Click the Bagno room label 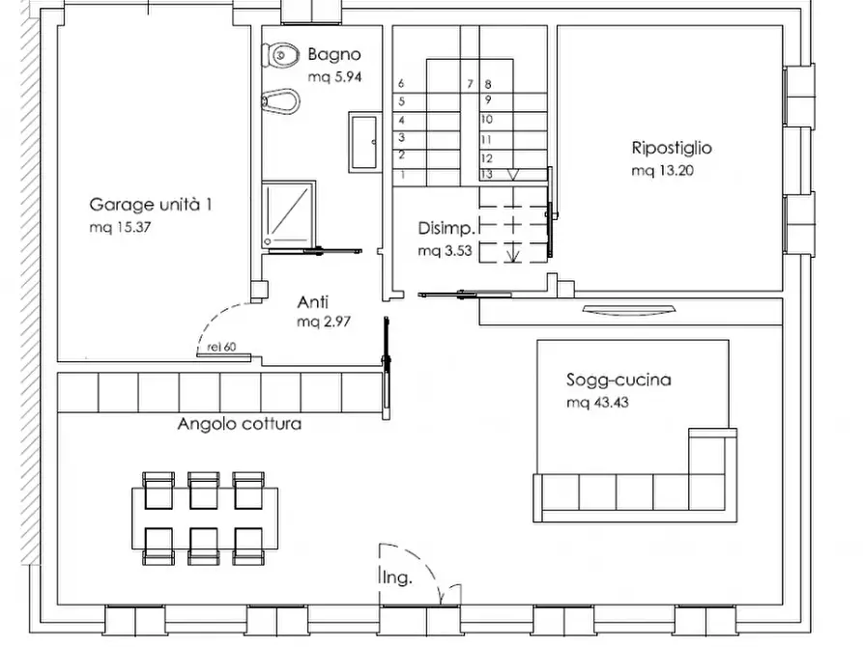click(334, 54)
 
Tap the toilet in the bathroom click(280, 55)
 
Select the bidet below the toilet click(282, 98)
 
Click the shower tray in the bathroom click(289, 211)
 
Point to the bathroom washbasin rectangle click(363, 140)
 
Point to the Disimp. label click(446, 229)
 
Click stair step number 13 click(487, 175)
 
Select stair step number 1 click(401, 175)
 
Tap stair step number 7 click(470, 84)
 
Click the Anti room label click(313, 300)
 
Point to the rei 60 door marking click(221, 347)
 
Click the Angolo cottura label click(240, 424)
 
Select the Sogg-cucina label click(618, 380)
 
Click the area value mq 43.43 click(596, 403)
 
